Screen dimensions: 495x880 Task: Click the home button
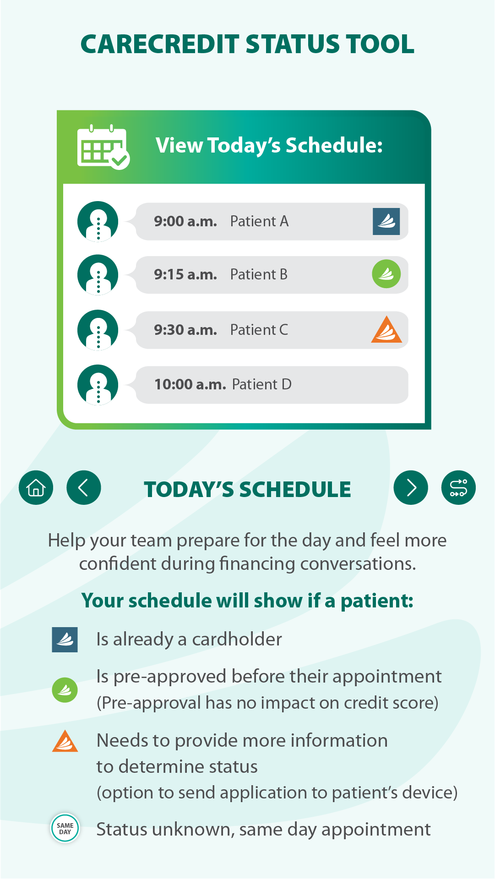36,487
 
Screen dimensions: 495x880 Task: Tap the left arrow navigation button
84,487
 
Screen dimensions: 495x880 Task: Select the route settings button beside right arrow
458,487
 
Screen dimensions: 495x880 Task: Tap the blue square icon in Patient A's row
386,221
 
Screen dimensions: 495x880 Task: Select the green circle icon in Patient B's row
386,274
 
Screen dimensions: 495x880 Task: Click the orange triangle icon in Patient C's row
386,330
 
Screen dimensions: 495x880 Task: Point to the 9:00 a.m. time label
185,221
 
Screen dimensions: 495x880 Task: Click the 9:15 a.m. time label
185,274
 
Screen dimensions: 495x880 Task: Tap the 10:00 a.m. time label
190,384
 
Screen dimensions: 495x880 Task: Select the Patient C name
259,330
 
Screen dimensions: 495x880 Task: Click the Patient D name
262,384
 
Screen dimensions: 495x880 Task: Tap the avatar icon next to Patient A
98,221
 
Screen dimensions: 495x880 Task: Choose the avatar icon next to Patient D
98,385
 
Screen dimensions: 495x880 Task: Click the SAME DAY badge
65,828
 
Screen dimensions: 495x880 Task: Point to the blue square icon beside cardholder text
65,640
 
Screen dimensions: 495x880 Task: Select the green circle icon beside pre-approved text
65,690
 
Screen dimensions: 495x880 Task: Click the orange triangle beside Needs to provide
65,741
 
